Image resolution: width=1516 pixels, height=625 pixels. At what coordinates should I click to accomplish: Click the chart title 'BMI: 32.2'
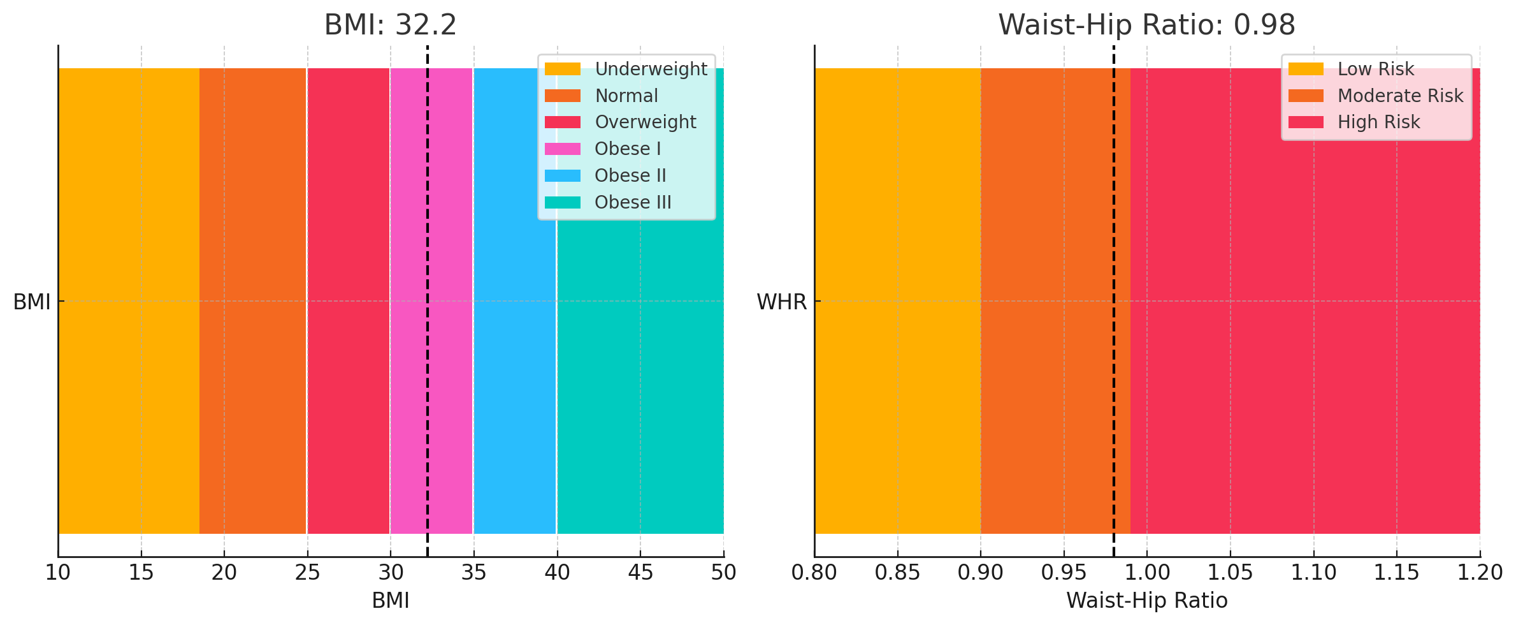coord(390,26)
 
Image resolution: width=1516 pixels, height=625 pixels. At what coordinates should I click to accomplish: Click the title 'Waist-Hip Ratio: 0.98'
coord(1146,26)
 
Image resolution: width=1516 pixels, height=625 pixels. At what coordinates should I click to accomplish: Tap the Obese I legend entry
coord(627,149)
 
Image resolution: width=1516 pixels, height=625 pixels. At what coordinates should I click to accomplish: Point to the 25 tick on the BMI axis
coord(307,573)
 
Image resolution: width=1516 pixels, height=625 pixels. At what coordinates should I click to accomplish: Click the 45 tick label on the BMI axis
coord(640,573)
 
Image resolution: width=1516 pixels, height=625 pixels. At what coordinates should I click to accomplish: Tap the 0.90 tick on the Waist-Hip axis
coord(980,573)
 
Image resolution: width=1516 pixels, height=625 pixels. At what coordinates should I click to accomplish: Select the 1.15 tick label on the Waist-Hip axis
coord(1396,573)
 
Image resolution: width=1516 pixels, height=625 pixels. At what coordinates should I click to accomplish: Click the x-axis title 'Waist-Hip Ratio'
coord(1146,601)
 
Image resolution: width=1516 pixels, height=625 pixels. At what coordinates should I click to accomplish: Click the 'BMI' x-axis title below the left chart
coord(390,601)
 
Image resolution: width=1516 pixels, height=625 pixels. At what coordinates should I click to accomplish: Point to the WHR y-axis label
coord(781,302)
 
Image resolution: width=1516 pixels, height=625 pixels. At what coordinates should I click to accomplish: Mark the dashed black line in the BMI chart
coord(428,383)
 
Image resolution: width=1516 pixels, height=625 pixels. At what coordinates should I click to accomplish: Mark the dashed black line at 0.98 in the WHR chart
coord(1113,383)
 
